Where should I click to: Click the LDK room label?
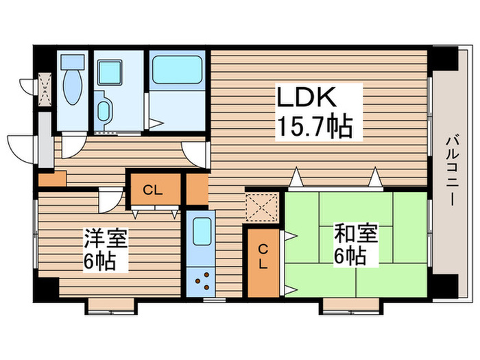307,98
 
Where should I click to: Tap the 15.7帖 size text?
315,126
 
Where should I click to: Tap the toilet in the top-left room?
71,89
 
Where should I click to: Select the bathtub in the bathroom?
176,69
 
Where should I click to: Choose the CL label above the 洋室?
153,190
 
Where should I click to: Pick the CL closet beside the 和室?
263,259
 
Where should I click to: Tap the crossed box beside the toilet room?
45,89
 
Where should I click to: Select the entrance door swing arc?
21,147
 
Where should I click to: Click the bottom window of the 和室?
350,302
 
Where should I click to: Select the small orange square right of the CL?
197,190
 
